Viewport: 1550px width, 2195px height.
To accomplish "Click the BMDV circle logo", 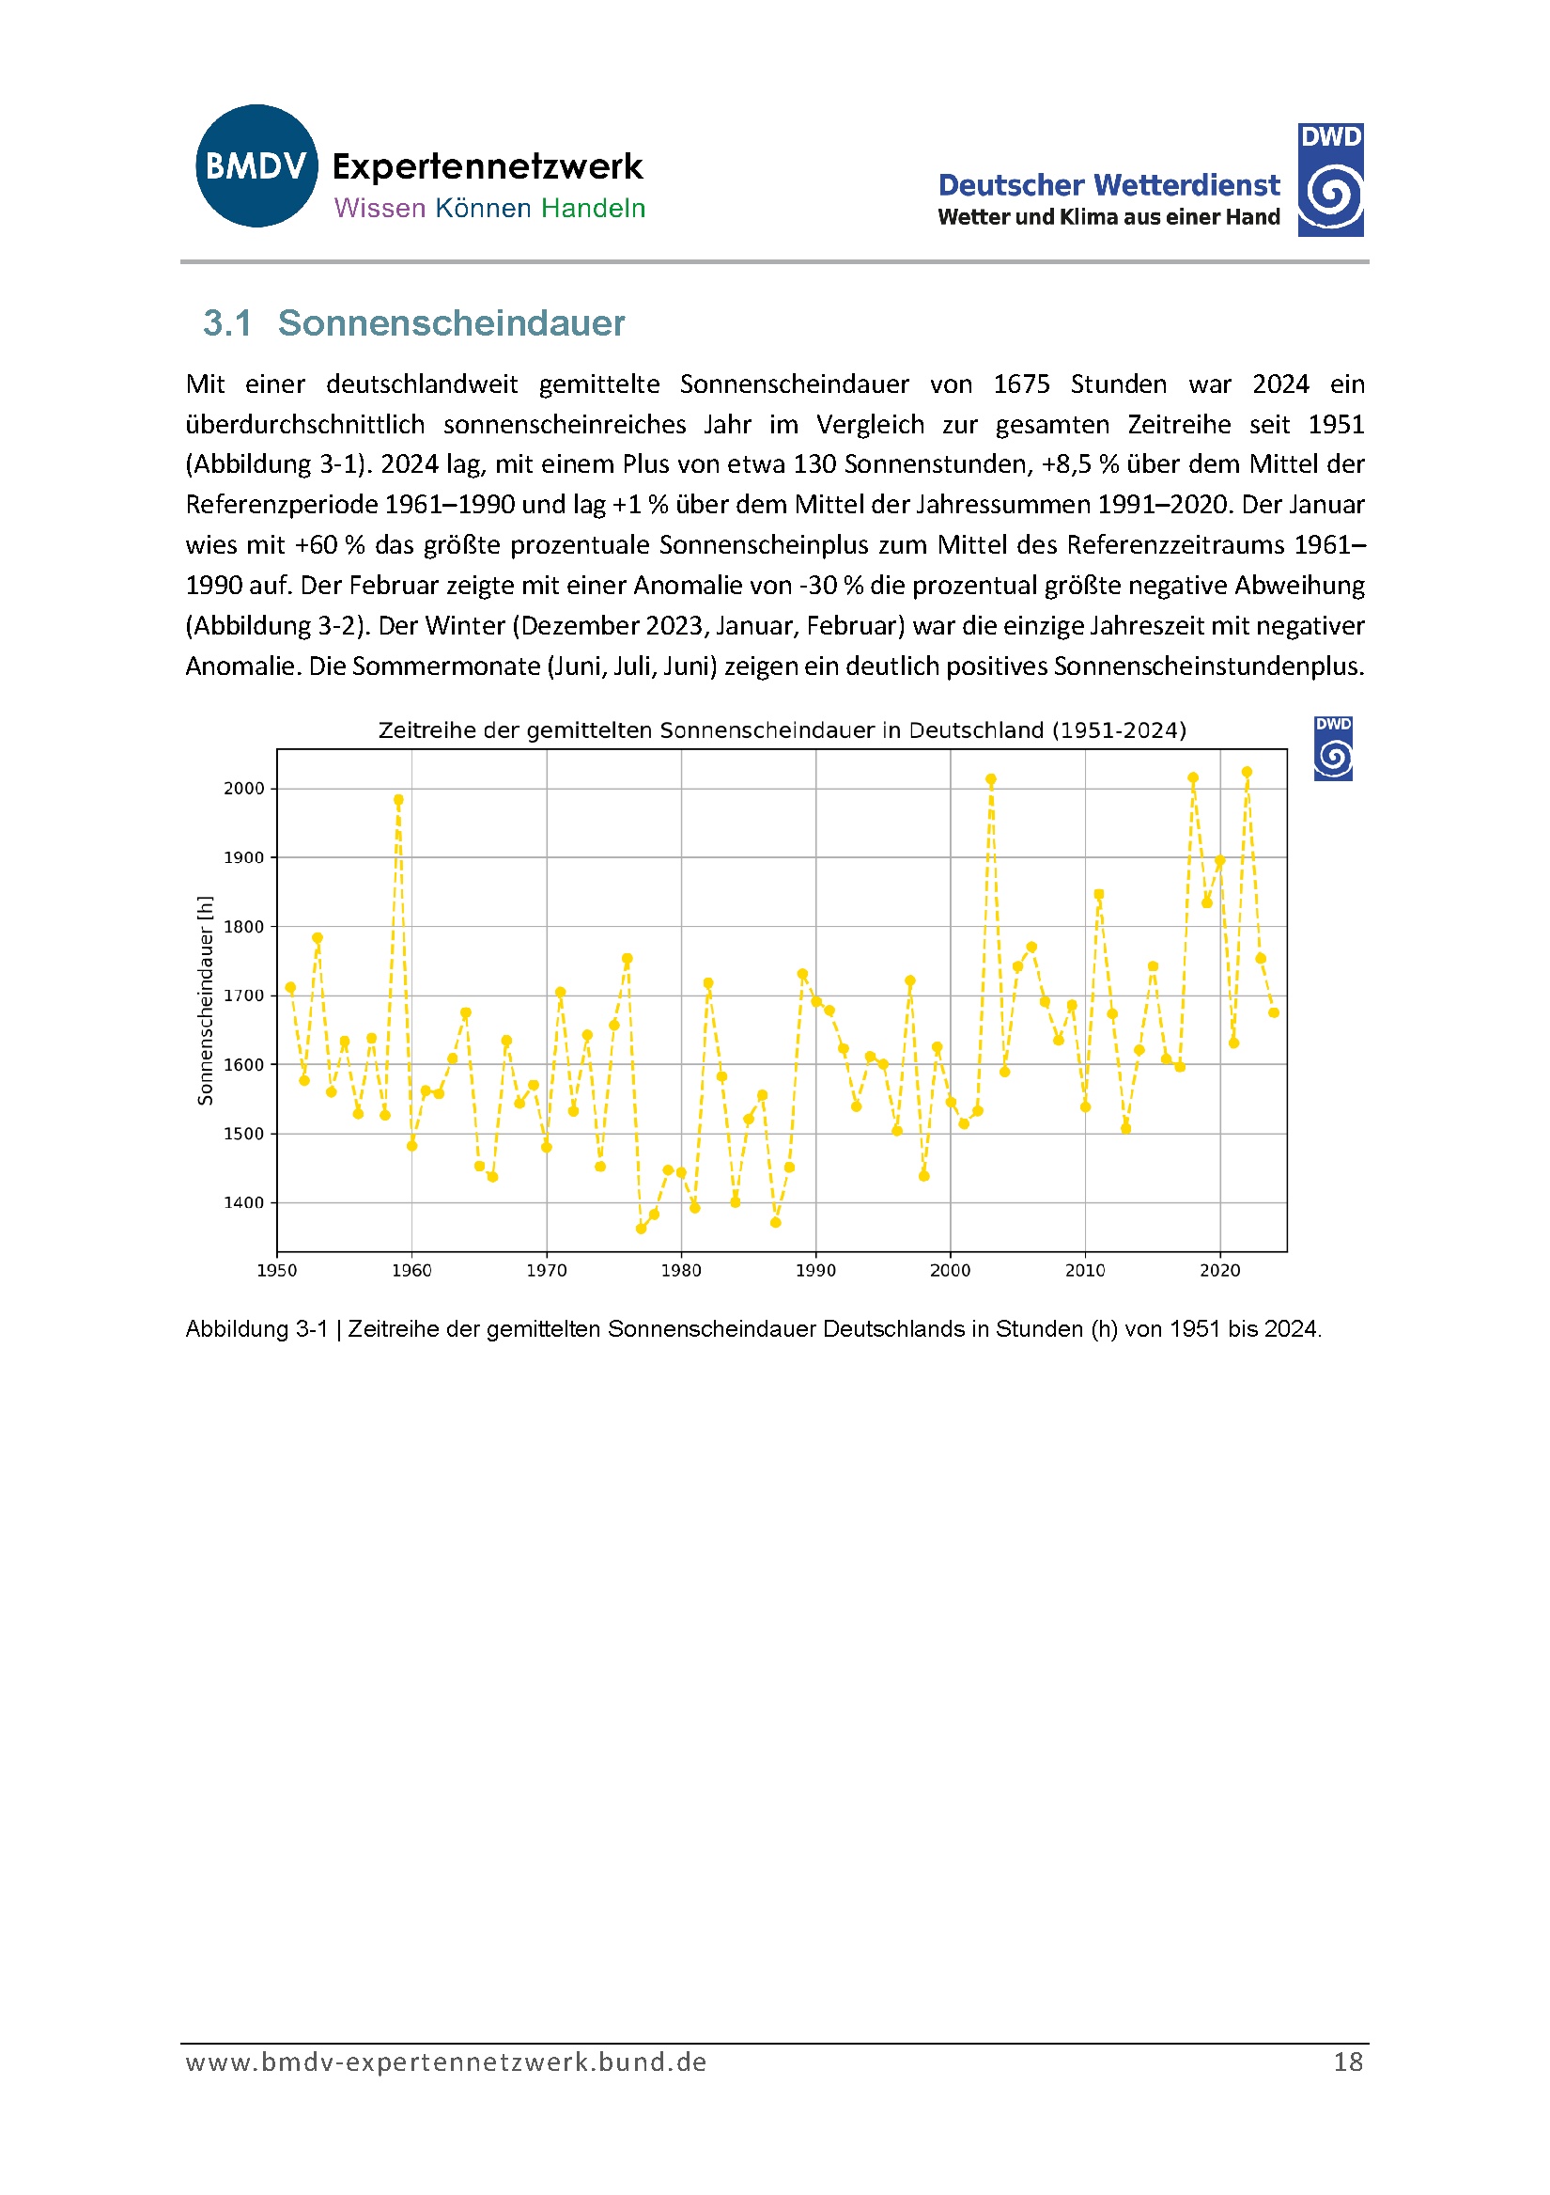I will tap(256, 165).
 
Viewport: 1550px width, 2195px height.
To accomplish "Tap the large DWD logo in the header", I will tap(1330, 180).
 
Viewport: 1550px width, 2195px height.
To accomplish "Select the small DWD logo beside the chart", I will tap(1333, 748).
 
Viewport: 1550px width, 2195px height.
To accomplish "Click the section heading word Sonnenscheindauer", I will tap(451, 323).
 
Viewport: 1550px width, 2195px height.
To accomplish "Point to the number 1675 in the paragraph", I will tap(1021, 384).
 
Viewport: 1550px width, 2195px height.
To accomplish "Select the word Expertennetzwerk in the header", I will tap(488, 167).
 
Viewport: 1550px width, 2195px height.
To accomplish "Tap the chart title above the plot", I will tap(782, 730).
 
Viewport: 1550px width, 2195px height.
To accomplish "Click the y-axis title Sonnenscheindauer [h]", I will tap(205, 1000).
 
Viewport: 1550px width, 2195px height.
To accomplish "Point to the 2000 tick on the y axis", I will tap(243, 789).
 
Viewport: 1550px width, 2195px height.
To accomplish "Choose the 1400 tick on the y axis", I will tap(243, 1202).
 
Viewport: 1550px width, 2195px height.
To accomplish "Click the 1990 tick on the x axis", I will tap(815, 1271).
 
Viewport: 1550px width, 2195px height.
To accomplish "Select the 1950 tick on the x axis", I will tap(277, 1271).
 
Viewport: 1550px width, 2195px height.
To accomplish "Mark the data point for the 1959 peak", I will tap(398, 799).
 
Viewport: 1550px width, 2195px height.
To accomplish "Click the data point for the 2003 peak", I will tap(991, 779).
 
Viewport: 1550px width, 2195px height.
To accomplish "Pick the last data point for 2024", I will tap(1274, 1012).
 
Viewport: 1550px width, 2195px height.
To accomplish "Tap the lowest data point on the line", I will tap(642, 1229).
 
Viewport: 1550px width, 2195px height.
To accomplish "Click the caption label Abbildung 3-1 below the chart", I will tap(256, 1329).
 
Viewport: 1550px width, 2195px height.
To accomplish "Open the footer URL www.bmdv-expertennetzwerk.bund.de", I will tap(446, 2062).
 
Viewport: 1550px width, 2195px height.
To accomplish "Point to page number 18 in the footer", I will tap(1347, 2062).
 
